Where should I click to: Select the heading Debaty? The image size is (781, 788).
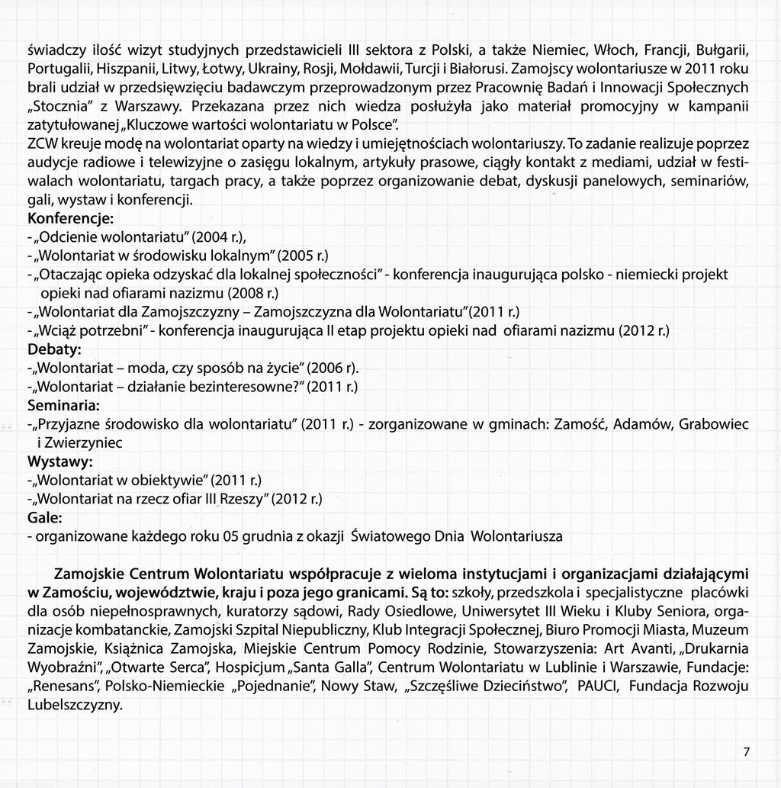[x=54, y=349]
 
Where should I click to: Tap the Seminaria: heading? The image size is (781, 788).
[x=64, y=404]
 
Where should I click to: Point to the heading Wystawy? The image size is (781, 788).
[x=60, y=462]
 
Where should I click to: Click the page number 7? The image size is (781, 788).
[x=747, y=752]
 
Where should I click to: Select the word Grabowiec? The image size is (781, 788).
[x=713, y=423]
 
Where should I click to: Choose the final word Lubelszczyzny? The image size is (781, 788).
[x=75, y=705]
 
